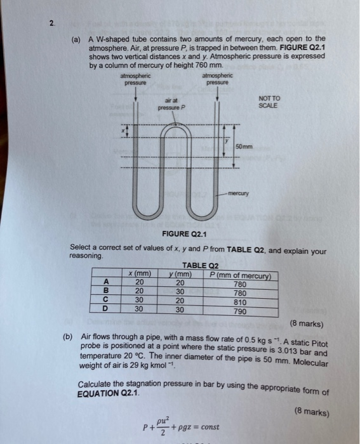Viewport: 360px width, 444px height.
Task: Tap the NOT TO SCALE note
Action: [270, 102]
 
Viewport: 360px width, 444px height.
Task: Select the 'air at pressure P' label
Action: [173, 104]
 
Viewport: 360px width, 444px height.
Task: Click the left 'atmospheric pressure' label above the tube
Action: [135, 80]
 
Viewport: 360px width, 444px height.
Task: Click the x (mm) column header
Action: [139, 274]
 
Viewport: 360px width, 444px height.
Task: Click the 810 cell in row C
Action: [240, 303]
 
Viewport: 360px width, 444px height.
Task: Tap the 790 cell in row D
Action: [240, 311]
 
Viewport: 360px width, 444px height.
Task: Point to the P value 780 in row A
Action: [240, 284]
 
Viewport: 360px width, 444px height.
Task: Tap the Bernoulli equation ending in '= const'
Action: [182, 426]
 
